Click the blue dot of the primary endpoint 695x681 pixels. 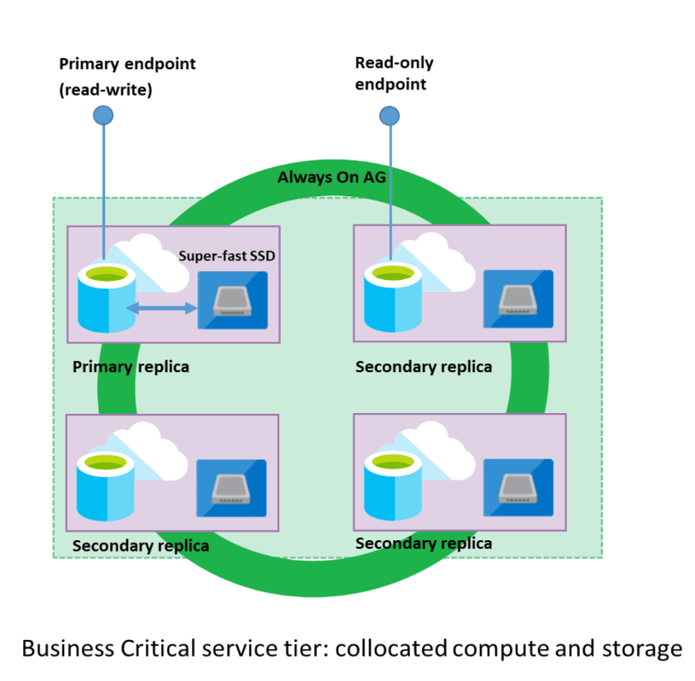tap(103, 114)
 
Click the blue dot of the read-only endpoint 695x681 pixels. tap(389, 114)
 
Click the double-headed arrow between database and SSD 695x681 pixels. tap(162, 308)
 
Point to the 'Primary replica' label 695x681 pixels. tap(131, 367)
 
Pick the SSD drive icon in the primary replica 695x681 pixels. tap(232, 300)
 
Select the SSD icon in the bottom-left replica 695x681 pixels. tap(232, 488)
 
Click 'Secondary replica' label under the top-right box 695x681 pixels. tap(423, 367)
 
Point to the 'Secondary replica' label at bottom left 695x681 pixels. tap(141, 545)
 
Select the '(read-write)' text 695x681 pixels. tap(105, 90)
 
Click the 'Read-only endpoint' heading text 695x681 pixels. tap(394, 73)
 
